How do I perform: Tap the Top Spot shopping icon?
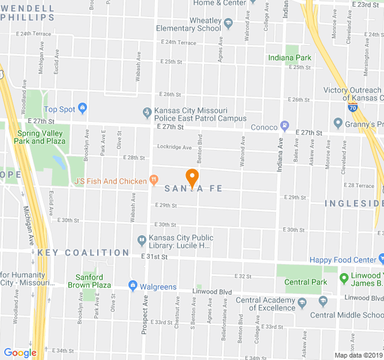(83, 109)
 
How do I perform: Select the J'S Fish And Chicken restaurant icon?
(154, 180)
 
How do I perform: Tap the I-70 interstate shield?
(353, 107)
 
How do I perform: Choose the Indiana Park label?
(290, 58)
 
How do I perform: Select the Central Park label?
(305, 282)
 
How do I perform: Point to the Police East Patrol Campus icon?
(147, 112)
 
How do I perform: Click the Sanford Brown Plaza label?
(94, 281)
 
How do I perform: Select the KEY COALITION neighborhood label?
(83, 253)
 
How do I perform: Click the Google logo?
(20, 353)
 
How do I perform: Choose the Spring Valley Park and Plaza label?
(41, 137)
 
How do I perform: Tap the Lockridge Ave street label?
(174, 147)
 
